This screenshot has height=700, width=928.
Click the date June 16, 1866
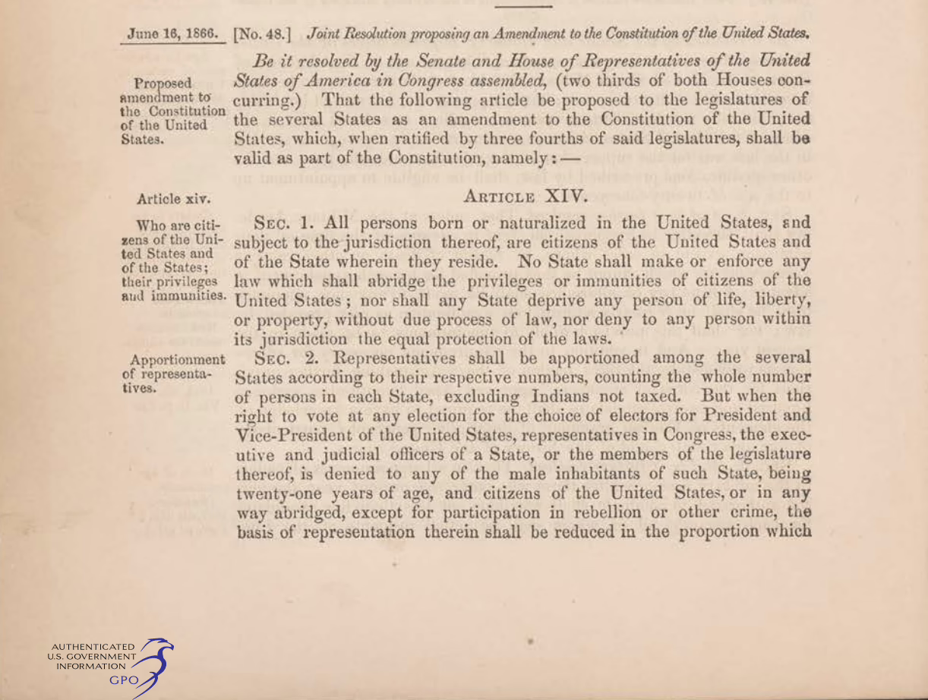pyautogui.click(x=173, y=34)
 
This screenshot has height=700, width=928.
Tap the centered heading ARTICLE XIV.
pyautogui.click(x=525, y=197)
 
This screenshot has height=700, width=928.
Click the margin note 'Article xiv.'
pyautogui.click(x=173, y=200)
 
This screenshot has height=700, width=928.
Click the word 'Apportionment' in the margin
pyautogui.click(x=178, y=359)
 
